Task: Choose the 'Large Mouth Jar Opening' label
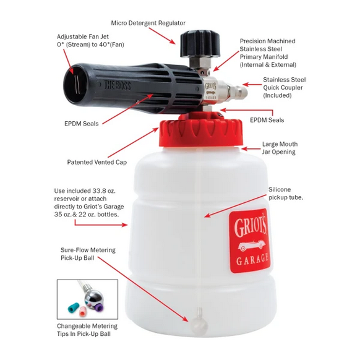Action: [x=278, y=147]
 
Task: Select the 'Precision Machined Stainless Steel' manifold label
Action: [x=267, y=53]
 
